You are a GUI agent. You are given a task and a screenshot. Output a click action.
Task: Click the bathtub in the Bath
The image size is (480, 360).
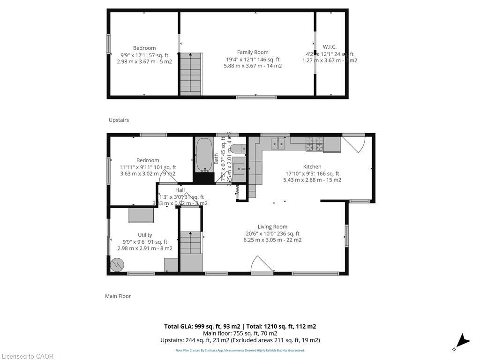(203, 155)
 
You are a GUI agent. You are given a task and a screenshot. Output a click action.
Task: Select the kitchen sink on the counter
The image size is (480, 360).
(278, 143)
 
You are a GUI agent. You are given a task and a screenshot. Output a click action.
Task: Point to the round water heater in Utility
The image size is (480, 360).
(116, 265)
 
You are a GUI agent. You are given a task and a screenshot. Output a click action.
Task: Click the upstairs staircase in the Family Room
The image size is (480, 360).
(191, 74)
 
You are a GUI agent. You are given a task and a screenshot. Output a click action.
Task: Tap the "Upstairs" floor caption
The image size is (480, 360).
(119, 120)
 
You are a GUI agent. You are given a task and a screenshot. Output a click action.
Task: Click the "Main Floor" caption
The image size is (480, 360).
(118, 296)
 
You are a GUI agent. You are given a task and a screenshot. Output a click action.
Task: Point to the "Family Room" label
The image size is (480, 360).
(253, 52)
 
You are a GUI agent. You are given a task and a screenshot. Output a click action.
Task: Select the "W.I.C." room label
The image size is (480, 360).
(330, 47)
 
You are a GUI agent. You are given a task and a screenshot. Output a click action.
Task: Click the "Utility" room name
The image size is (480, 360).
(145, 235)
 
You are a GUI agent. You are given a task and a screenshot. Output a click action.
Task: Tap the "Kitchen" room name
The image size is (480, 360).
(312, 166)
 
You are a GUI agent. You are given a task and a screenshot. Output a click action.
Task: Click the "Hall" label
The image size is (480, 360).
(180, 190)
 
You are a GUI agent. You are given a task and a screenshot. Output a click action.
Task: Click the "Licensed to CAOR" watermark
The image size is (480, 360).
(27, 356)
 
